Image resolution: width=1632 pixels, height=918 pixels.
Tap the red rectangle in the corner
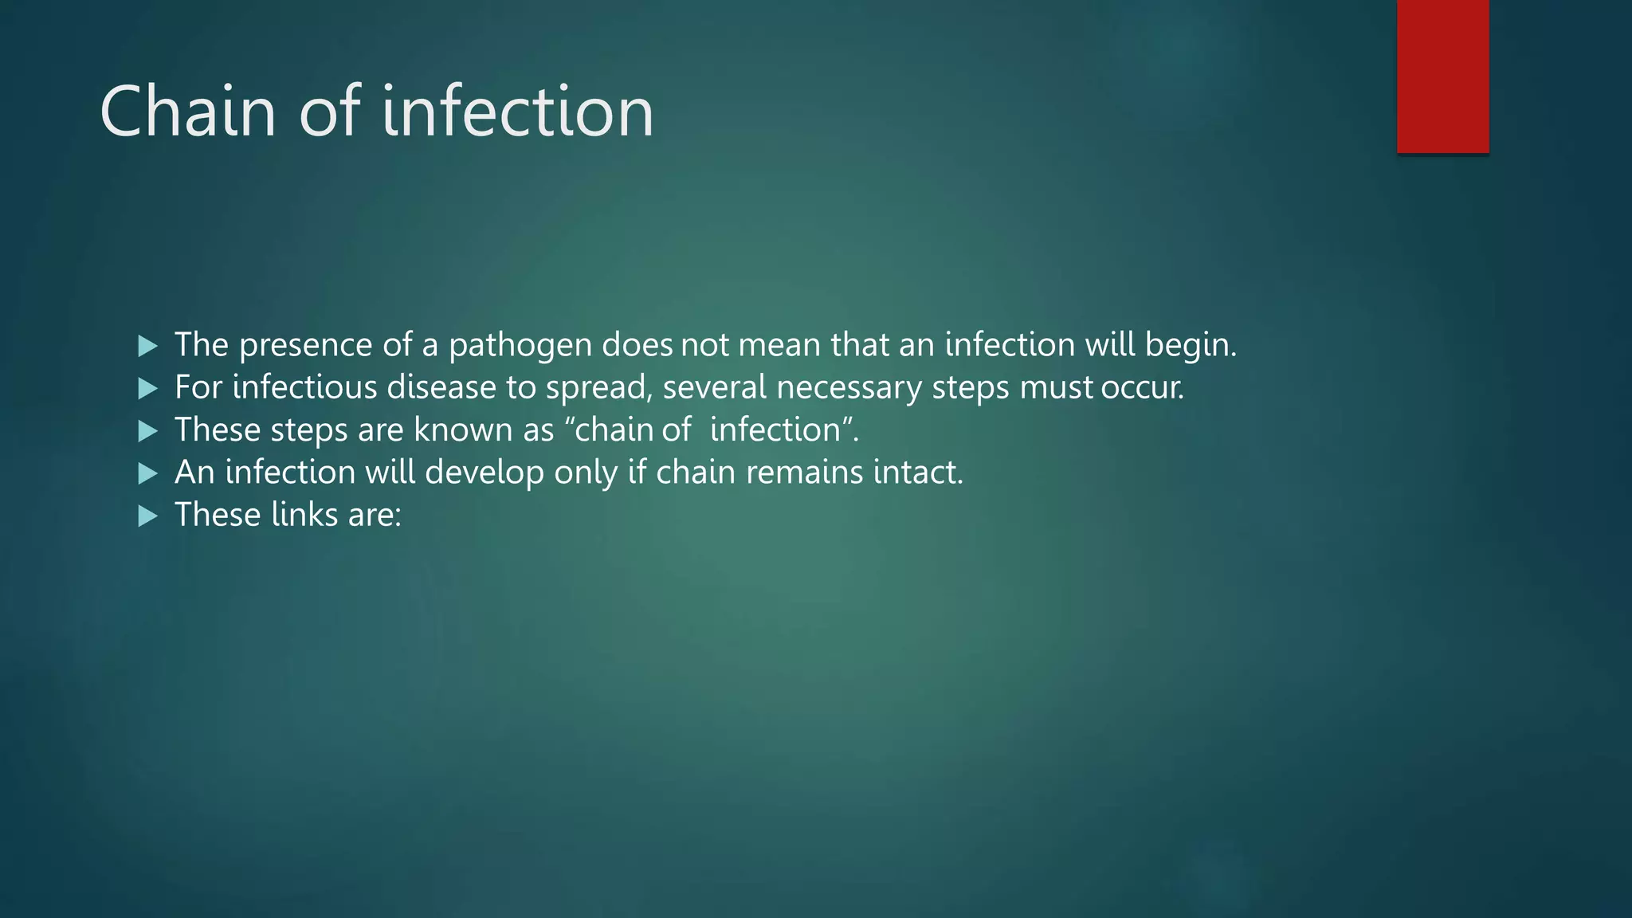coord(1442,76)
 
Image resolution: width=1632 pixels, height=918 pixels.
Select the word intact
coord(916,473)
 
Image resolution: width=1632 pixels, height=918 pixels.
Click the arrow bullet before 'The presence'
coord(147,346)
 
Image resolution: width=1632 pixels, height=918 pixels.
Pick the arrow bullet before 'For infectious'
coord(147,389)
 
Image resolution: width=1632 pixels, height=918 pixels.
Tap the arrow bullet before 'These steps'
coord(147,431)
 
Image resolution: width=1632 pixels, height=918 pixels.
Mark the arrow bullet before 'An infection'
coord(147,474)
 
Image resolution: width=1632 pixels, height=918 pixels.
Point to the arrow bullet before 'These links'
coord(147,516)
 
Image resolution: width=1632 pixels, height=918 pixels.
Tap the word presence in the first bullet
coord(305,345)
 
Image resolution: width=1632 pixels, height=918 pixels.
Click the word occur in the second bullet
coord(1140,388)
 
